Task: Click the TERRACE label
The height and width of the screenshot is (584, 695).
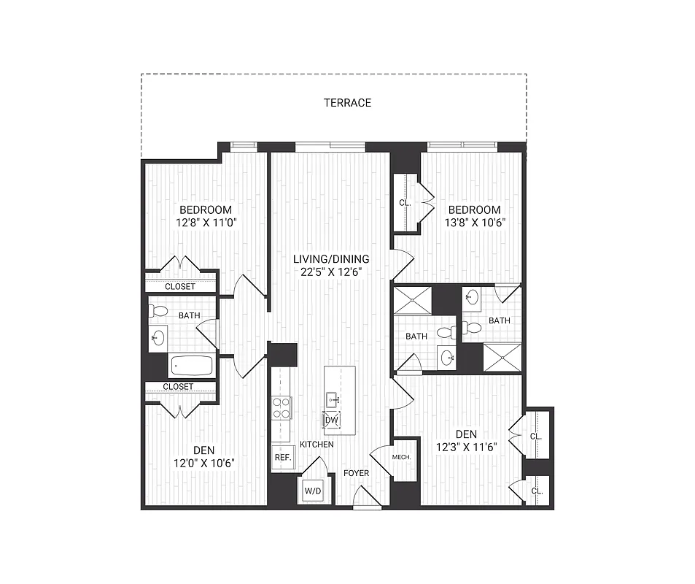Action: (x=347, y=103)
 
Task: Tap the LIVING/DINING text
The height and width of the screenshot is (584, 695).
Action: (x=331, y=259)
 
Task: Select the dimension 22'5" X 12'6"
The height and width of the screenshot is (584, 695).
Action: (x=331, y=272)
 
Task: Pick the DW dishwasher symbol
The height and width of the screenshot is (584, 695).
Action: (x=331, y=420)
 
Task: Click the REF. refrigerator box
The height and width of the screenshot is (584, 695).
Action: (x=282, y=458)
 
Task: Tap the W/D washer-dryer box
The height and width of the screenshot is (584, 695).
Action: (x=312, y=491)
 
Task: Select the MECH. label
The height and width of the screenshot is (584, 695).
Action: (x=402, y=458)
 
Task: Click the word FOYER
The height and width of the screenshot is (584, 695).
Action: (x=357, y=473)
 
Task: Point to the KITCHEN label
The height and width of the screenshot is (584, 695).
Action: (x=317, y=445)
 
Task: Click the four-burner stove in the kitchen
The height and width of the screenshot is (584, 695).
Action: (x=282, y=407)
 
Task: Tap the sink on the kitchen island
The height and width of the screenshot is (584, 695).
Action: (x=332, y=399)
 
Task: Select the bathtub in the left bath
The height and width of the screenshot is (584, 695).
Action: (x=191, y=366)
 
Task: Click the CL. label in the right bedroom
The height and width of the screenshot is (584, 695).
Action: (x=405, y=204)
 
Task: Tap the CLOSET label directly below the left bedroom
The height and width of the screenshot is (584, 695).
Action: (x=179, y=287)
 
